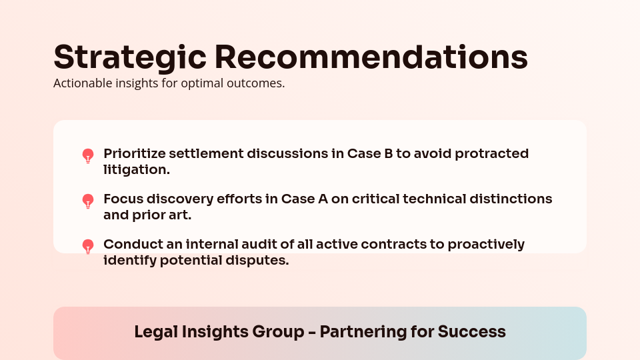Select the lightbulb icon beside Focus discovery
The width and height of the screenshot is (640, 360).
88,201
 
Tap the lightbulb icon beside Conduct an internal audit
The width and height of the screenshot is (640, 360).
88,247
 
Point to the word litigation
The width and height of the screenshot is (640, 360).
137,170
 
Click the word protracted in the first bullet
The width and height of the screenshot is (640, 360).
491,154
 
